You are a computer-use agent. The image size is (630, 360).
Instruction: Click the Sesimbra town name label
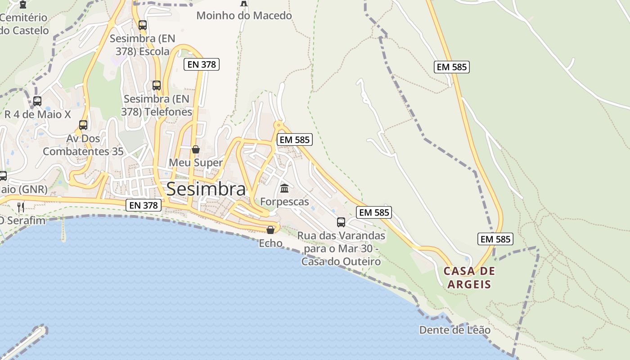[206, 189]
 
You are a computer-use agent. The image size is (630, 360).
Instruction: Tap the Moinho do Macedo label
[244, 16]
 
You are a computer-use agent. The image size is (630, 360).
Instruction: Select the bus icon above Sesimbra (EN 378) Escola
[143, 25]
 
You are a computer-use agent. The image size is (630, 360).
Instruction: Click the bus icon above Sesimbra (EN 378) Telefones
[157, 85]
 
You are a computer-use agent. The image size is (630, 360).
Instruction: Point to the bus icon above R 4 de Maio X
[37, 101]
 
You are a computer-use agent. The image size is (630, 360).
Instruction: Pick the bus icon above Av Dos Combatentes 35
[83, 125]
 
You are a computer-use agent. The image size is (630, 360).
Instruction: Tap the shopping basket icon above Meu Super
[196, 149]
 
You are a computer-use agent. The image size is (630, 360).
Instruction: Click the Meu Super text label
[196, 162]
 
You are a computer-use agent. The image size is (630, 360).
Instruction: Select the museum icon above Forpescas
[284, 188]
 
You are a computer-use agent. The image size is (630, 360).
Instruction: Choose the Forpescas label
[284, 202]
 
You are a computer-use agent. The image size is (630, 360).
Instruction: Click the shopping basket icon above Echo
[270, 230]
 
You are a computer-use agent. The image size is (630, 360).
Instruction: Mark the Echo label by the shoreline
[270, 243]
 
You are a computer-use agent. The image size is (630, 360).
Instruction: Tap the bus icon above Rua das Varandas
[341, 222]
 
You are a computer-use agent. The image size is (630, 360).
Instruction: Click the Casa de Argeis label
[469, 278]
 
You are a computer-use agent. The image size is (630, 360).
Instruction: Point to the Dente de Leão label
[454, 330]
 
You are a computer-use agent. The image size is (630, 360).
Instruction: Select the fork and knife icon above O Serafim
[21, 207]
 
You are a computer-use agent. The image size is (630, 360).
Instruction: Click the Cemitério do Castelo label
[24, 24]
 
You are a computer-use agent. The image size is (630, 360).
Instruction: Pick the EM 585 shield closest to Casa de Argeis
[495, 239]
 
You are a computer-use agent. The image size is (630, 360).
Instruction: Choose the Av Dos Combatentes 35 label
[83, 145]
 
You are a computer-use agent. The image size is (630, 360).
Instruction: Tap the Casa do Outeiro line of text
[341, 261]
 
